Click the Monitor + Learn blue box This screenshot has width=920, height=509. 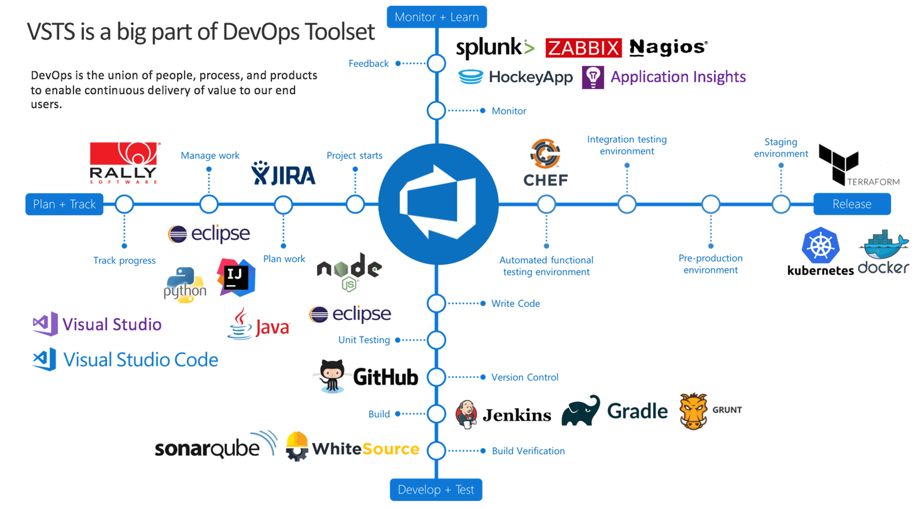437,17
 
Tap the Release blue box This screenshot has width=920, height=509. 852,204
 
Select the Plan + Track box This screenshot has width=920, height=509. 64,204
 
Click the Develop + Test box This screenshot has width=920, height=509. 436,490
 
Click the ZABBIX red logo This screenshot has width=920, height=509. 583,48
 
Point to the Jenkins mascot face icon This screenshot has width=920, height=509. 466,414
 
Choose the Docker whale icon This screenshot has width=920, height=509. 883,246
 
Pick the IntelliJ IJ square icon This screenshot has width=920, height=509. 236,277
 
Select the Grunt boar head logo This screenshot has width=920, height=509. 693,411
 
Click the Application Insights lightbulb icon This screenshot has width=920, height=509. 593,77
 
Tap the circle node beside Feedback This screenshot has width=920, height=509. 436,63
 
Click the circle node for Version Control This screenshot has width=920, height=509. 436,377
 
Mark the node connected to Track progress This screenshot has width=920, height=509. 124,204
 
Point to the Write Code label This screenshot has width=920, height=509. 515,303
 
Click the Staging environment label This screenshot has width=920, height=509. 781,148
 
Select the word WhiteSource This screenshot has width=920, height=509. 366,449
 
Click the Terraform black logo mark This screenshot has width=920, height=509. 838,164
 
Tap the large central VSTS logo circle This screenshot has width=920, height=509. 437,204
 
